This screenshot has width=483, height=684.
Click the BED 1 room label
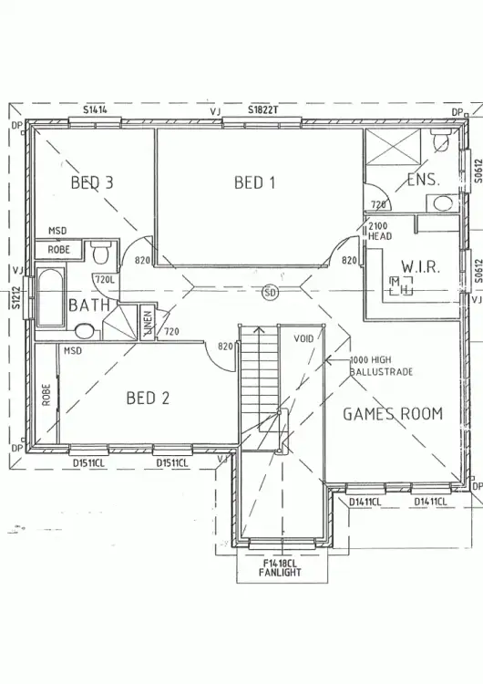tap(254, 182)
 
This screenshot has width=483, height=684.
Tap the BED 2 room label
tap(148, 399)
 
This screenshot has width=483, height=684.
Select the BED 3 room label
tap(92, 182)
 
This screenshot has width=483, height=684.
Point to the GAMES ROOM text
tap(392, 414)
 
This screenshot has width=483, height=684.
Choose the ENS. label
tap(423, 180)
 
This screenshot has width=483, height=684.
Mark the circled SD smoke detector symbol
tap(269, 293)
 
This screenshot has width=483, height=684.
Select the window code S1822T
tap(263, 109)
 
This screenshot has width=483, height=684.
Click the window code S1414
tap(95, 109)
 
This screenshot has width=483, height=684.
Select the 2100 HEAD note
tap(379, 232)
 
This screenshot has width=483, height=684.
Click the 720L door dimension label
tap(104, 279)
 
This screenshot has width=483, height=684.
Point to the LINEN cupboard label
tap(146, 324)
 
